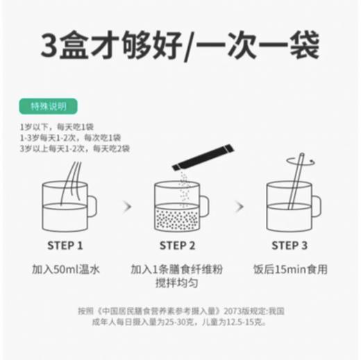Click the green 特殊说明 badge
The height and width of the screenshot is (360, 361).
pos(49,107)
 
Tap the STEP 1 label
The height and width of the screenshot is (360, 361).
pos(65,245)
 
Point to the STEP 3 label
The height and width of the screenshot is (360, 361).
pos(289,245)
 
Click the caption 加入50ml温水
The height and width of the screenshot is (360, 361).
pos(65,268)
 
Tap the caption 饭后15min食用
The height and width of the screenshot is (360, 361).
pos(290,268)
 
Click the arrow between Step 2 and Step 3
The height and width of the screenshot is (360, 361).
pos(239,206)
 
